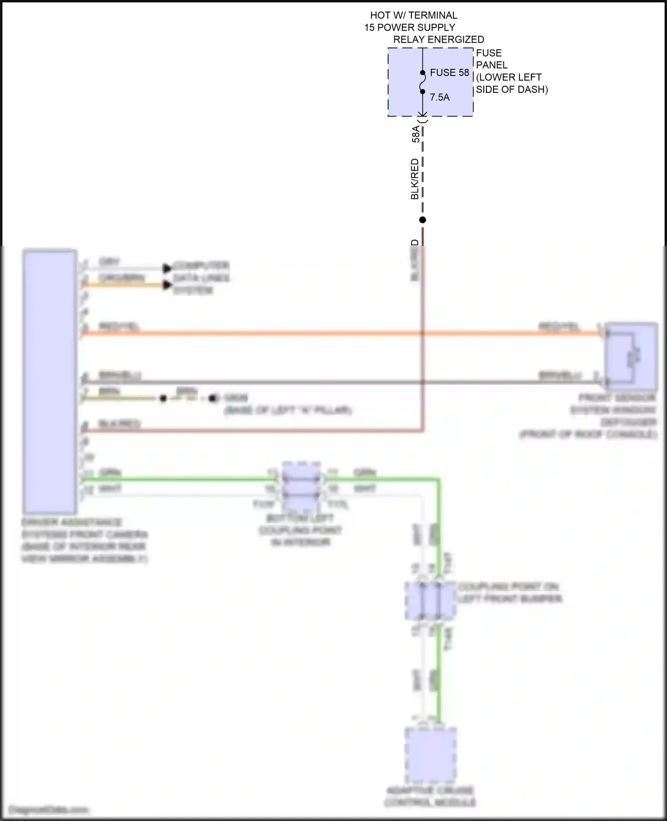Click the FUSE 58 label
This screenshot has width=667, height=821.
pos(449,72)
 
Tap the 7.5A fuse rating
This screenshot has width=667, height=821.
pos(439,97)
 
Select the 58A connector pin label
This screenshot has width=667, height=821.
pos(416,134)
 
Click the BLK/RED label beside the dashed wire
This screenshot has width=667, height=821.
pos(415,179)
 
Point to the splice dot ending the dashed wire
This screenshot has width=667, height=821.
pos(423,220)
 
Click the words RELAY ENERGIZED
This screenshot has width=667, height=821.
pos(438,40)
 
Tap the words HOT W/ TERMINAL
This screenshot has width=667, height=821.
pos(414,16)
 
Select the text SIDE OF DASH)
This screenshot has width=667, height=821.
pos(512,89)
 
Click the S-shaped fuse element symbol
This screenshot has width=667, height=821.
pos(423,82)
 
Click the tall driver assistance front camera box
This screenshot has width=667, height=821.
pos(50,382)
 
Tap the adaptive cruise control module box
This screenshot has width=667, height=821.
pos(430,755)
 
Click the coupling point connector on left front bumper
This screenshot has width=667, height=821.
pos(430,601)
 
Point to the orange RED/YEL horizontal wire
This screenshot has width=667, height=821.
pos(311,333)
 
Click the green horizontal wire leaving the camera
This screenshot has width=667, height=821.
pos(178,479)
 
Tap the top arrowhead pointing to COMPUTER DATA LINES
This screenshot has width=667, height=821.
pos(167,268)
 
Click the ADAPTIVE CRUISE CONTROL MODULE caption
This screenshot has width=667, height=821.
pos(430,796)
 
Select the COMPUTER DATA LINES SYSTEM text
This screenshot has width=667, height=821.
pos(201,278)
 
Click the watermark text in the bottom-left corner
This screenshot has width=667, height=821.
pos(48,810)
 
